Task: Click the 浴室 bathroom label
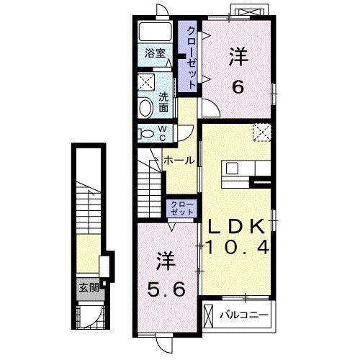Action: [156, 53]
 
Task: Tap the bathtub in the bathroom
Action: [156, 32]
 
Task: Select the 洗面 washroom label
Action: [163, 102]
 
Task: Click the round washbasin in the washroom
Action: [146, 108]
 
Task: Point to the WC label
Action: [163, 133]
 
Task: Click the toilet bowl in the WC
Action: [147, 134]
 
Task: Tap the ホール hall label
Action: [179, 161]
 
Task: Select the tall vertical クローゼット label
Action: [192, 58]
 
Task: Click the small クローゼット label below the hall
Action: [182, 208]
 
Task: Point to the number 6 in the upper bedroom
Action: [238, 87]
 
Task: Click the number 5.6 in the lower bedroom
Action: [166, 289]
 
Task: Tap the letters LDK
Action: [236, 226]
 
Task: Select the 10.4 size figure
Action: [237, 248]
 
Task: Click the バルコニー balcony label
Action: [244, 315]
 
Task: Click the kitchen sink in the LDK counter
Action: [232, 168]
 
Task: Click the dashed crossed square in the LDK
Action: [262, 132]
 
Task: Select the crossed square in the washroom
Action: [146, 82]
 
